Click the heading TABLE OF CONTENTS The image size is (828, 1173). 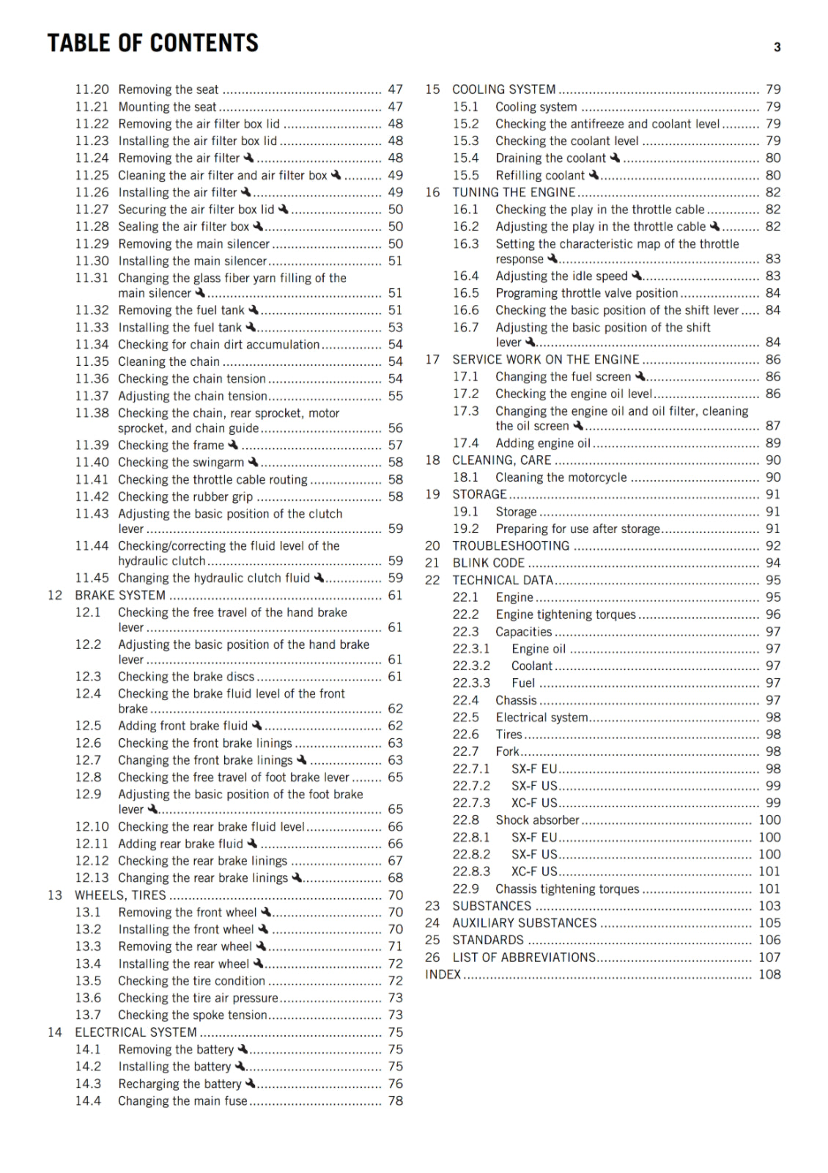pos(152,43)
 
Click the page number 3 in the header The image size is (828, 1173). pos(777,48)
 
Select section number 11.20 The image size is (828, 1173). pos(92,89)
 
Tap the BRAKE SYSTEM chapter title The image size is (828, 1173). pos(120,595)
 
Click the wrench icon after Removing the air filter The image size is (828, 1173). pos(248,158)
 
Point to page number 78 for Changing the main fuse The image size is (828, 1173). pos(396,1100)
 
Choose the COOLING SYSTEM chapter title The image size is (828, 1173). pos(503,89)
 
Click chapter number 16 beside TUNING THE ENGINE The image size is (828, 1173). pos(432,192)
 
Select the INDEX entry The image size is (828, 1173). pos(443,974)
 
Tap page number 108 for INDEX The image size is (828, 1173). pos(769,974)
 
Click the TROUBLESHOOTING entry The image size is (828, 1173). pos(511,546)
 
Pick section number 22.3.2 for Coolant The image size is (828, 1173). pos(471,666)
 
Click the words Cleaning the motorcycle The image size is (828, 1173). pos(561,477)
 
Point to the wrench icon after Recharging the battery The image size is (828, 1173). pos(250,1083)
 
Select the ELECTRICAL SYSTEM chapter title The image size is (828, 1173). pos(136,1032)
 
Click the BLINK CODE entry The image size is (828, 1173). pos(488,563)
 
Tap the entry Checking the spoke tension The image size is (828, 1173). pos(192,1015)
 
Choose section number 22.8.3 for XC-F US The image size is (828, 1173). pos(471,872)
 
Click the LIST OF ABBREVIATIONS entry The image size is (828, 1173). pos(524,957)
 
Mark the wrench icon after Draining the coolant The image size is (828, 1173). pos(615,158)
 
